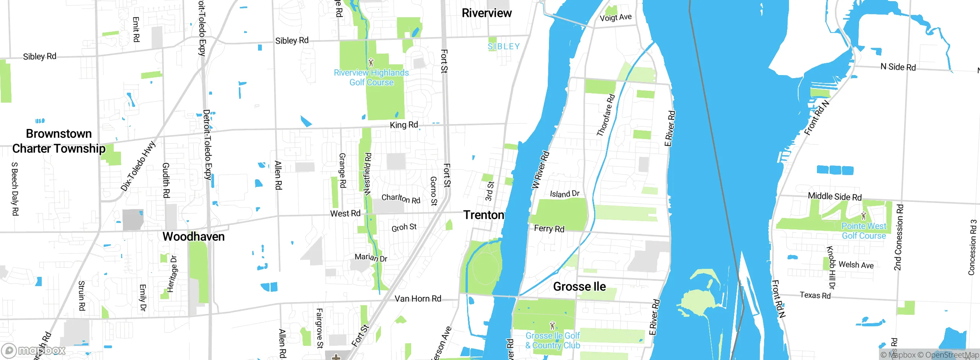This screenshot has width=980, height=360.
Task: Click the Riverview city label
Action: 486,13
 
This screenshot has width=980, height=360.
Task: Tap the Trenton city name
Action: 483,215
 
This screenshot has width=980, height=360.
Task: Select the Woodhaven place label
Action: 193,237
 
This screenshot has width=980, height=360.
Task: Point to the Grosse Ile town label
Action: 579,286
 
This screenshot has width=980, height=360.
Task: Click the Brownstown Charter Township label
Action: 59,141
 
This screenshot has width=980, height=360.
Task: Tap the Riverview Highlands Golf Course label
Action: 371,77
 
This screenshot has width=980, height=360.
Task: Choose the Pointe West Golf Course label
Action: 864,231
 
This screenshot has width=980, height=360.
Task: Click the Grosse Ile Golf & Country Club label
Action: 552,340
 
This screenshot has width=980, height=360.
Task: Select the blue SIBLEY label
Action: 503,46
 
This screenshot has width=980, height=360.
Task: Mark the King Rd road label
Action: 403,125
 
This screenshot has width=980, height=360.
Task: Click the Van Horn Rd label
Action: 418,298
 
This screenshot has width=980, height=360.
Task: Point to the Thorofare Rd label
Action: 606,115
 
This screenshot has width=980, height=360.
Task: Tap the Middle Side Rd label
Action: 835,196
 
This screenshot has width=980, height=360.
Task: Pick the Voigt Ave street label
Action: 616,17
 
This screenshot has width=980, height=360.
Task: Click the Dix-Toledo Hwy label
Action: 138,166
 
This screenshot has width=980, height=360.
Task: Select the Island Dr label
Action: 565,194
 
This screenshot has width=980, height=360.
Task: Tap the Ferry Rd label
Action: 549,229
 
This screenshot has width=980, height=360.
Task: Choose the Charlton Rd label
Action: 401,198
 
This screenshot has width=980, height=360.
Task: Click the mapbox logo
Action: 34,350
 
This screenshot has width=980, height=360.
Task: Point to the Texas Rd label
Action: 815,295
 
